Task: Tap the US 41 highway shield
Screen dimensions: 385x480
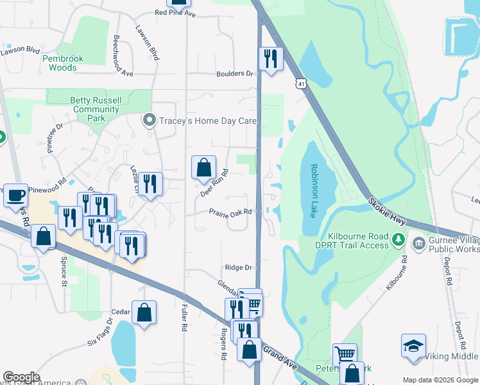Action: click(301, 84)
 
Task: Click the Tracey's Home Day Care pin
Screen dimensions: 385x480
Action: click(150, 121)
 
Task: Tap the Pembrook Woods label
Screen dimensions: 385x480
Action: click(63, 63)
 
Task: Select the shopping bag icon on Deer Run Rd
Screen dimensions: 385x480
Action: click(203, 168)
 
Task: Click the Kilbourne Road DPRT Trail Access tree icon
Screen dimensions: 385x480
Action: click(398, 240)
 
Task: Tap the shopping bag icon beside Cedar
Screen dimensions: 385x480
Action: click(144, 312)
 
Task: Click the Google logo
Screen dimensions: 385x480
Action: click(21, 377)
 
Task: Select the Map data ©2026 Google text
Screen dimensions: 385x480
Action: click(440, 380)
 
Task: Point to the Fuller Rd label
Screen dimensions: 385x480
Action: click(184, 317)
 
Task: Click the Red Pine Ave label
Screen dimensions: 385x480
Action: click(175, 13)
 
